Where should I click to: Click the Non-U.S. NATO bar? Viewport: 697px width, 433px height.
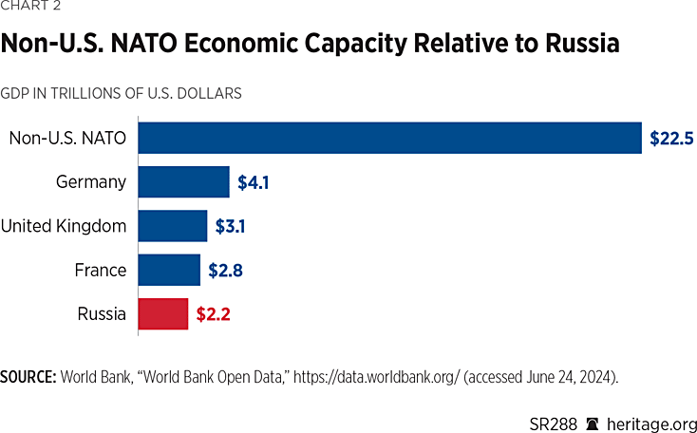click(x=389, y=137)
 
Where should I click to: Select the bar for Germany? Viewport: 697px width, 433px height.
click(x=184, y=181)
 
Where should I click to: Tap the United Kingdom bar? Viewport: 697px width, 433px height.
click(x=173, y=226)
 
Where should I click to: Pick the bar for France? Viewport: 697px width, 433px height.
click(x=169, y=270)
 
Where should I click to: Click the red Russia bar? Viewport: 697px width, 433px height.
click(x=163, y=313)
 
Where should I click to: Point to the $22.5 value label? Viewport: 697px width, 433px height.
click(x=672, y=138)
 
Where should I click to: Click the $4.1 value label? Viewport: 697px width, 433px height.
click(x=254, y=182)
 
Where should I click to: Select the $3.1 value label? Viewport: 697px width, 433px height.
click(x=231, y=226)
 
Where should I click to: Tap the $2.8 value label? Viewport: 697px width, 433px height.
click(x=224, y=271)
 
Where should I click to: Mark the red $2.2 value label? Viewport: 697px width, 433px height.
click(x=213, y=314)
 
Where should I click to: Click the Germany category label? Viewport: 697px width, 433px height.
click(x=91, y=182)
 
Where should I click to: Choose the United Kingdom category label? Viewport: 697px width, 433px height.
click(x=64, y=226)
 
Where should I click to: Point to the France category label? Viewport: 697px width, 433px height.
click(x=101, y=271)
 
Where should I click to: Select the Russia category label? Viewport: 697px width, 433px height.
click(x=103, y=314)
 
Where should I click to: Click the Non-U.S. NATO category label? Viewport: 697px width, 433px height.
click(x=67, y=138)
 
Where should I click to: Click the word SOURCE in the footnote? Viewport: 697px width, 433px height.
click(x=28, y=376)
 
